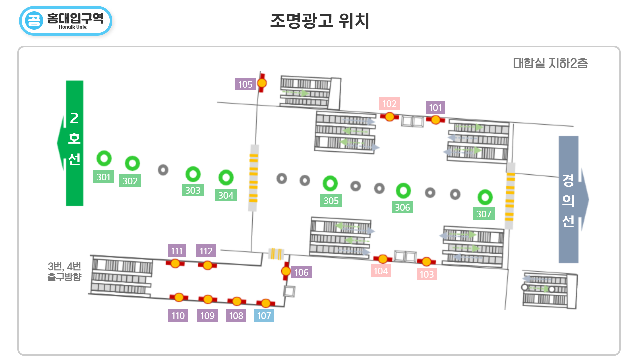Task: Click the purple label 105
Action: pos(245,84)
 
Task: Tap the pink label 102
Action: pos(389,104)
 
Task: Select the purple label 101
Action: pos(435,108)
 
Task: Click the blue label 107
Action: pos(264,316)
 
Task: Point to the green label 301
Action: pos(103,177)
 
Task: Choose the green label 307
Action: pos(484,214)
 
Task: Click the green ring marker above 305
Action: pos(330,183)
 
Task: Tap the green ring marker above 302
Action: pos(132,163)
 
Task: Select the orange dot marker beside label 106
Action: pos(286,271)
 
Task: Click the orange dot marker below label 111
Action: pos(175,264)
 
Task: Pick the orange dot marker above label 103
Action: pos(426,262)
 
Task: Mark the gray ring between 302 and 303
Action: pos(163,170)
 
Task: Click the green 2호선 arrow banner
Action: pos(74,143)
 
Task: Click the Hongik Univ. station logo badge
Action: pos(66,21)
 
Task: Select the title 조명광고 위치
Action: pos(320,21)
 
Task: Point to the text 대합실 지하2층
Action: pos(550,63)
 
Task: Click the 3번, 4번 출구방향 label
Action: pos(64,271)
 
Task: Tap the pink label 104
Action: pos(381,271)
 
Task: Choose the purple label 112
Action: pos(206,251)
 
